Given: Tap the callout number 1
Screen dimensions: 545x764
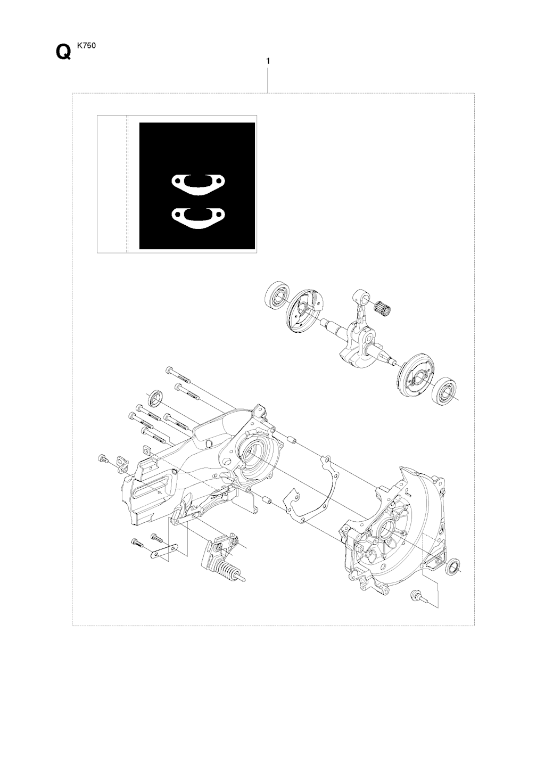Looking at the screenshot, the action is pos(268,61).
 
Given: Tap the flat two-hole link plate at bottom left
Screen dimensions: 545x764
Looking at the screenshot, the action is pos(165,552).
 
